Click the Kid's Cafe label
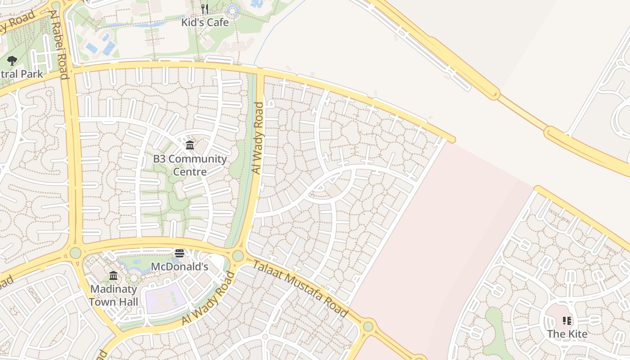(205, 22)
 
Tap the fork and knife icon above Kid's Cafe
(205, 9)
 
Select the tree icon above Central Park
(12, 61)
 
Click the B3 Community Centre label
(190, 165)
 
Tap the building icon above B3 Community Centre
(190, 145)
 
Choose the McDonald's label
(179, 266)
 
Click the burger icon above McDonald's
(180, 253)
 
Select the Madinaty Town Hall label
(113, 295)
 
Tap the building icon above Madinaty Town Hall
(113, 275)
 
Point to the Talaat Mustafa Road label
(300, 288)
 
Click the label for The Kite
(567, 334)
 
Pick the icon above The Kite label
(567, 321)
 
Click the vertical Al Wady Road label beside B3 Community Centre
(258, 138)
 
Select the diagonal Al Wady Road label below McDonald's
(208, 297)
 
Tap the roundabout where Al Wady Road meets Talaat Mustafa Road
(238, 256)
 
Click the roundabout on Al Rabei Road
(75, 252)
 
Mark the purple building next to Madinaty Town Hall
(165, 298)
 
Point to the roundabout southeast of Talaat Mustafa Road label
(368, 326)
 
